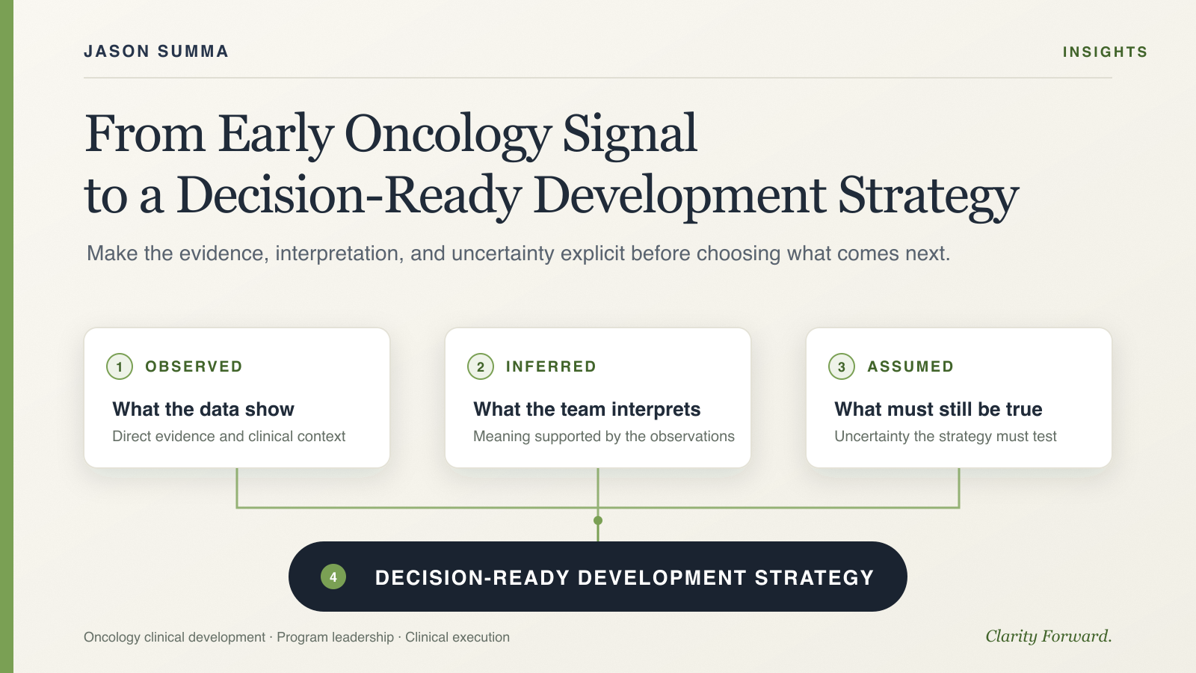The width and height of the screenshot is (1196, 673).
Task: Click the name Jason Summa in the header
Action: click(156, 52)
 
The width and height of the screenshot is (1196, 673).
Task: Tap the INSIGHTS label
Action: click(1105, 52)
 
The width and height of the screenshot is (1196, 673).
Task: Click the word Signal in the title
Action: click(630, 134)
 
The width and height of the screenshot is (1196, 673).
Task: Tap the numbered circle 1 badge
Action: click(120, 366)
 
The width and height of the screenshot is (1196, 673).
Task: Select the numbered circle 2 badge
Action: click(481, 366)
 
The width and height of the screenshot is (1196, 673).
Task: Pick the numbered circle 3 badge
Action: click(842, 366)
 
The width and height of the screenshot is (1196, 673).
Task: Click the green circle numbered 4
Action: click(333, 577)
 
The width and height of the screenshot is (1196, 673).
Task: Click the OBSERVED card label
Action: click(194, 366)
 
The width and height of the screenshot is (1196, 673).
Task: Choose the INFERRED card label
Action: click(551, 366)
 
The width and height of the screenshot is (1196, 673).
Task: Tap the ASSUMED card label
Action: click(910, 366)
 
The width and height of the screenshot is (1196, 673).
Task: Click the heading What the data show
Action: click(203, 409)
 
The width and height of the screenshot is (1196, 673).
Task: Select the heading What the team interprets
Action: click(587, 410)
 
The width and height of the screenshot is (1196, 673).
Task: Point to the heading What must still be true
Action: click(938, 410)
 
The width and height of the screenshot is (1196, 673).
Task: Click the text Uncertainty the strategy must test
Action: click(946, 437)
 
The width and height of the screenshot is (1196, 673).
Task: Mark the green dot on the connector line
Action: click(598, 520)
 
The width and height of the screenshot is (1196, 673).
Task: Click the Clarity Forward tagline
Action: click(1049, 636)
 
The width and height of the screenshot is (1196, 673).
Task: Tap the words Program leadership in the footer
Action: click(336, 637)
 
